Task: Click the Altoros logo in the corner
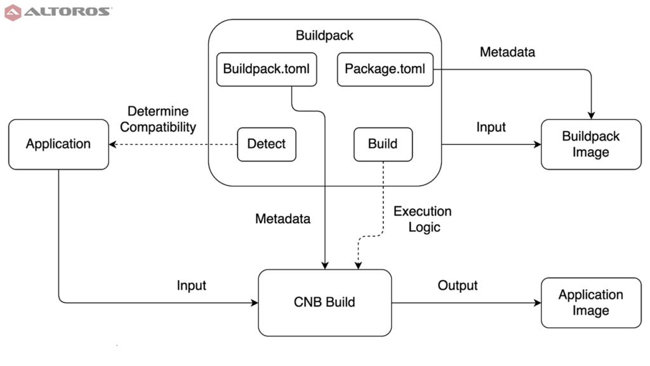(58, 12)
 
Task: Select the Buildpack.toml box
(267, 69)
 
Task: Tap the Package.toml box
(385, 69)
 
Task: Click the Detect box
(267, 144)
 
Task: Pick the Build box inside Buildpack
(383, 144)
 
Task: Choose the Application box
(58, 144)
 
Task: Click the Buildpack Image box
(591, 144)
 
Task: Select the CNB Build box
(324, 302)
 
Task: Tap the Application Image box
(591, 302)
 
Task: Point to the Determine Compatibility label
(158, 119)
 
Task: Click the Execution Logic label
(423, 219)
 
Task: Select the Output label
(458, 285)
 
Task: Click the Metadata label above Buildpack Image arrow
(507, 52)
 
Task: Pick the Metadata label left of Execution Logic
(282, 219)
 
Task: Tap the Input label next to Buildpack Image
(491, 127)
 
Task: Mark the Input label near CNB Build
(191, 285)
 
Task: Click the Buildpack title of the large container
(324, 36)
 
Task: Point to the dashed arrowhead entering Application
(112, 144)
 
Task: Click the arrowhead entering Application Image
(537, 303)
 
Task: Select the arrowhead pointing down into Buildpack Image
(591, 116)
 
